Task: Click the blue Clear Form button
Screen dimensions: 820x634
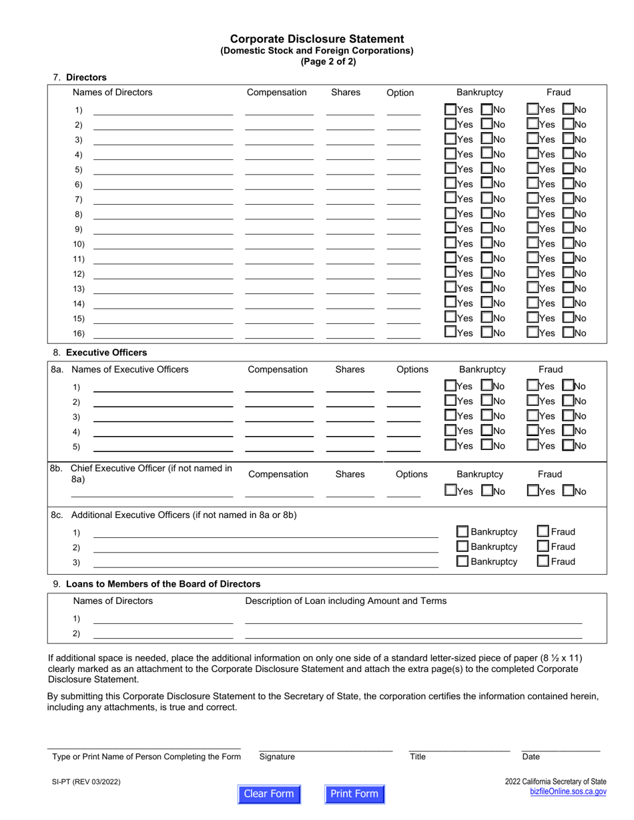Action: [x=269, y=793]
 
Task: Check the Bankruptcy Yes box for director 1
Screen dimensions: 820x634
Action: [x=451, y=109]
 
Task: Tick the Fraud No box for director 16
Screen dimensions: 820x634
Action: [x=569, y=332]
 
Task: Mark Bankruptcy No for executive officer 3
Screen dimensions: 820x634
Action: [x=487, y=416]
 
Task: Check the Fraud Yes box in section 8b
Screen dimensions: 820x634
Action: [x=532, y=491]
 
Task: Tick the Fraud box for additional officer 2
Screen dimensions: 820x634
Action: [x=543, y=547]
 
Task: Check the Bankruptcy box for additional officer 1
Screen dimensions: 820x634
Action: [x=462, y=532]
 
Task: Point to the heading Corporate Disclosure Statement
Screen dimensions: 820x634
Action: [x=317, y=39]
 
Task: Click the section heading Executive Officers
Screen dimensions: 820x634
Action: [x=107, y=353]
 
